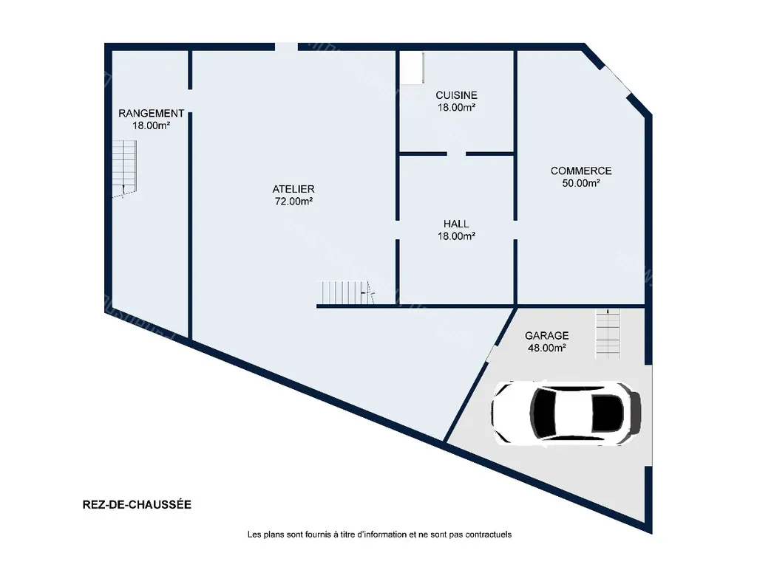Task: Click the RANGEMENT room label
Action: click(151, 113)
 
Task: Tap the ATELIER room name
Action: click(293, 189)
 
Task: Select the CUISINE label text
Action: click(456, 95)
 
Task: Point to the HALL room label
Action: click(456, 224)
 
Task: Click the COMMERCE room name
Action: click(581, 171)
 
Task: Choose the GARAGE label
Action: click(546, 336)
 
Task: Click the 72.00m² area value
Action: click(293, 201)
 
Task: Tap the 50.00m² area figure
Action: click(581, 183)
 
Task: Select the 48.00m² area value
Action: click(546, 348)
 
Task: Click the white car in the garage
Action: click(566, 413)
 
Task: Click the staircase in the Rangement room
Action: click(124, 169)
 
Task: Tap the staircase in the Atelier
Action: click(348, 292)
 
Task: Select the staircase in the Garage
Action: click(608, 333)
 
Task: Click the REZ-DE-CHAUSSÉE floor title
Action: click(137, 504)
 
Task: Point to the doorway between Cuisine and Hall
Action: click(456, 154)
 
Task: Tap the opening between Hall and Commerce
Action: click(515, 230)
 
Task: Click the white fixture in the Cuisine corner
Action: click(412, 67)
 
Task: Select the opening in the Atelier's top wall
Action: click(286, 47)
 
